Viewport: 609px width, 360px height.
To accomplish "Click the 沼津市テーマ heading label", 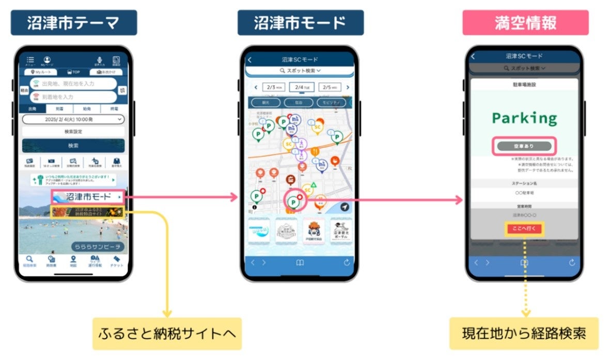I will tap(74, 23).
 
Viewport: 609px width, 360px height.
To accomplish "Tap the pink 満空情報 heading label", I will tap(525, 23).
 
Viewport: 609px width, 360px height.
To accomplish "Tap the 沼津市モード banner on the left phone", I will tap(88, 197).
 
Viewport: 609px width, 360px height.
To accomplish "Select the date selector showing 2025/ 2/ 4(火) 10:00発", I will tap(73, 119).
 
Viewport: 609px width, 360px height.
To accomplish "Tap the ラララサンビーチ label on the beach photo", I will tap(97, 246).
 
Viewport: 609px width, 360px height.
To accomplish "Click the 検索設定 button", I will tap(73, 132).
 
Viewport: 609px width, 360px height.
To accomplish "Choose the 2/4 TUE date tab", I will tap(302, 87).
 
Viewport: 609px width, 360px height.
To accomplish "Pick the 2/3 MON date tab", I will tap(273, 87).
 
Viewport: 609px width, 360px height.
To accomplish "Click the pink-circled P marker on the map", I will tap(294, 202).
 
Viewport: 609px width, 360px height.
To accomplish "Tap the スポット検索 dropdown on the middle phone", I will tap(300, 70).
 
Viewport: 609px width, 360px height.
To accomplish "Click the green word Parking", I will tap(524, 118).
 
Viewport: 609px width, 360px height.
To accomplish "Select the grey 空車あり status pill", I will tap(524, 146).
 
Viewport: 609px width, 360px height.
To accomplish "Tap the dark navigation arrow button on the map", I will tap(345, 207).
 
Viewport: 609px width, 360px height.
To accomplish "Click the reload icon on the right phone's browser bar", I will tap(571, 262).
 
